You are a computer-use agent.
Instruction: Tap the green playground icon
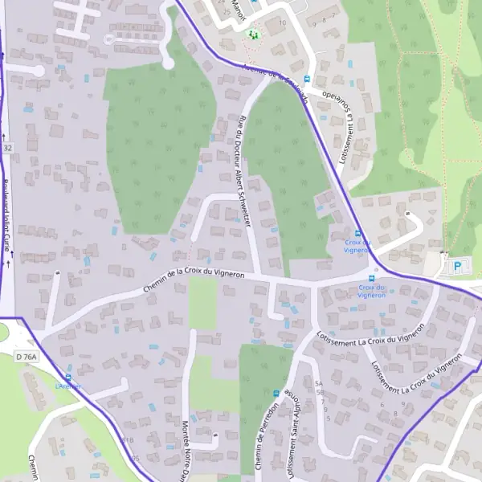pyautogui.click(x=253, y=35)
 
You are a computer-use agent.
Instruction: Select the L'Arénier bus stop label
pyautogui.click(x=68, y=386)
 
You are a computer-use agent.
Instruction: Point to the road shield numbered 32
pyautogui.click(x=8, y=149)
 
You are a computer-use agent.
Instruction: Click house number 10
pyautogui.click(x=282, y=22)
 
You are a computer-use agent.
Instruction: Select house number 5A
pyautogui.click(x=319, y=383)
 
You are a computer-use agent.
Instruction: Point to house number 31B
pyautogui.click(x=127, y=440)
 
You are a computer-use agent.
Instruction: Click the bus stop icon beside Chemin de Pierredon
pyautogui.click(x=276, y=394)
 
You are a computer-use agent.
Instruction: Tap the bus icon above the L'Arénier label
pyautogui.click(x=68, y=376)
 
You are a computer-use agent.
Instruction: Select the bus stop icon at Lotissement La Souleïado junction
pyautogui.click(x=358, y=234)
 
